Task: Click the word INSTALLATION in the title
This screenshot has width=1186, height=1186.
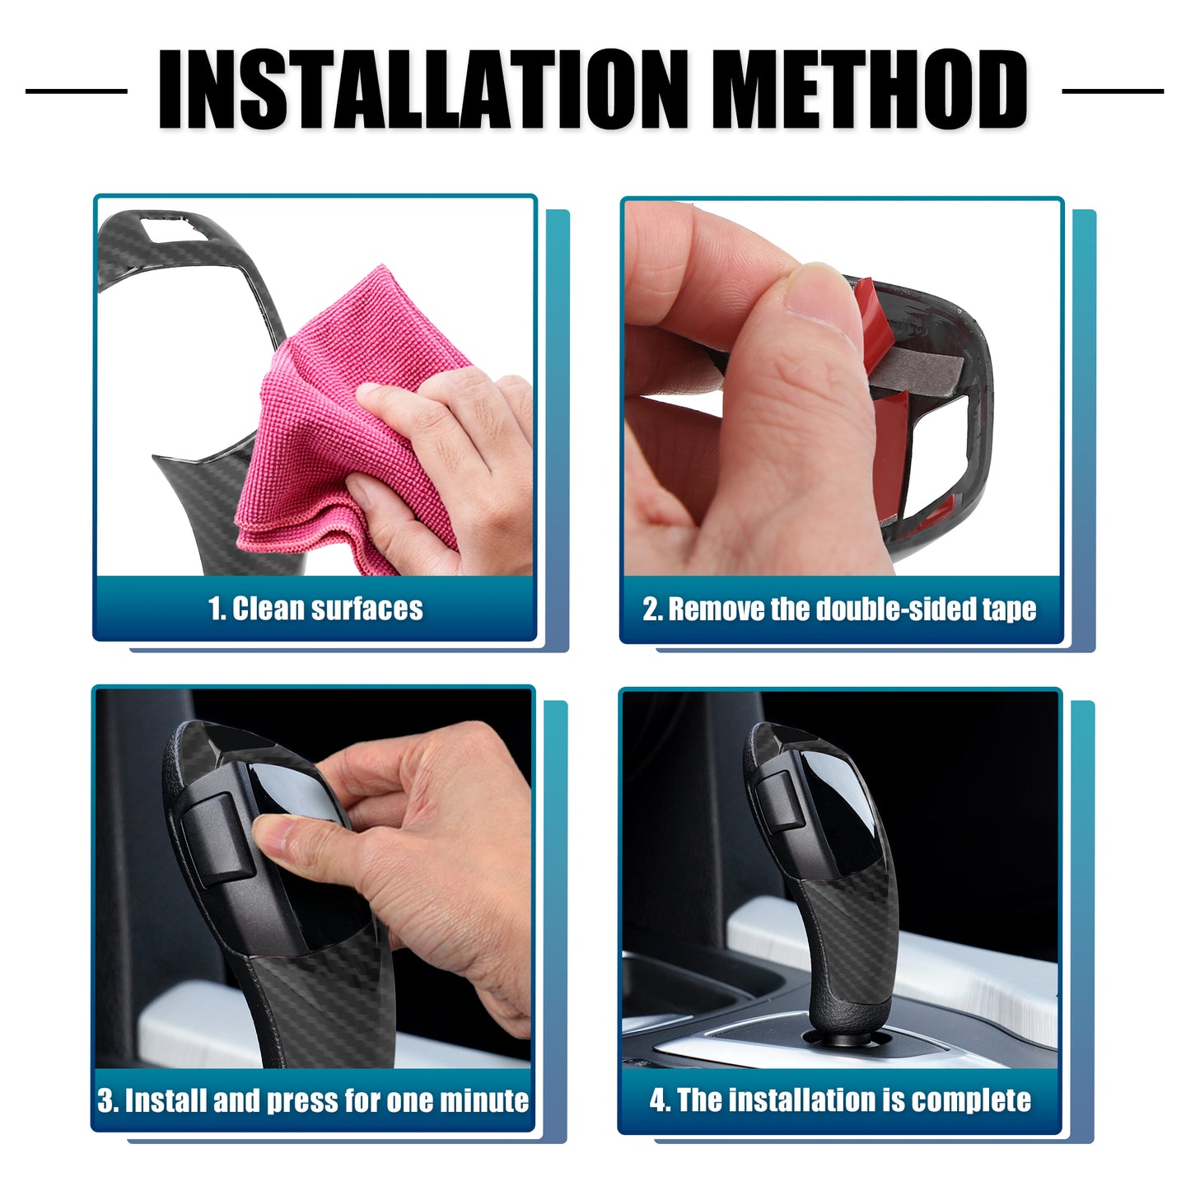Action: [423, 89]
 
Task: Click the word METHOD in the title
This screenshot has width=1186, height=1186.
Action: [870, 89]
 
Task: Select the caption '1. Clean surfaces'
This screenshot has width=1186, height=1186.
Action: [315, 609]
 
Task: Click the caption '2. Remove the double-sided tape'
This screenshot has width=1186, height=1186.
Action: [839, 609]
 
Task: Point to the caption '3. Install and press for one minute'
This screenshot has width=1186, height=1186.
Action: [313, 1100]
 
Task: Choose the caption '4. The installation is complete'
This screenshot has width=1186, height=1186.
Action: [840, 1100]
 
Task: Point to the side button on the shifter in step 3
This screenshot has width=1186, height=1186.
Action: [218, 839]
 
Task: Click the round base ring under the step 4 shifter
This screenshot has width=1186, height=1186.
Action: [847, 1039]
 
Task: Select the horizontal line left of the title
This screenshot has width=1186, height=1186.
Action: [77, 91]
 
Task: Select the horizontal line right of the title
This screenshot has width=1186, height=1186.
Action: [1113, 91]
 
